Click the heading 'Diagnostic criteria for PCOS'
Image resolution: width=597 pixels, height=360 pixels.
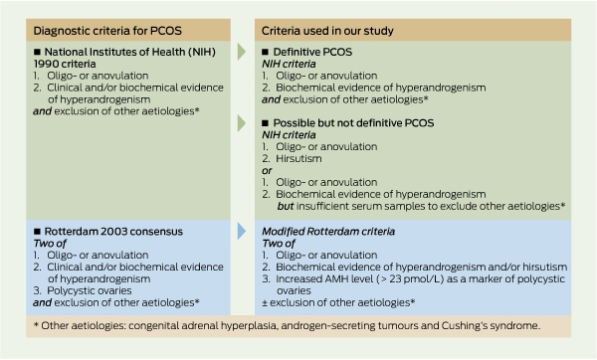(x=107, y=31)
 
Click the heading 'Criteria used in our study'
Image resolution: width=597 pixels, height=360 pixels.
(x=327, y=31)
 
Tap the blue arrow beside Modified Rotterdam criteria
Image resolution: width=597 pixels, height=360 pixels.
(x=242, y=231)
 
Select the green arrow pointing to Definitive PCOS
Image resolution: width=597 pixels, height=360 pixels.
(x=242, y=52)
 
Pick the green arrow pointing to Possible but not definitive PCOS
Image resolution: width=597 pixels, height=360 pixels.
(x=242, y=123)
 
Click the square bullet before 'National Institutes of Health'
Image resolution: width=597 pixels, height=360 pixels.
(x=37, y=52)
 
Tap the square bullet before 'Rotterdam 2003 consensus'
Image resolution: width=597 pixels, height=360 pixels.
(x=37, y=232)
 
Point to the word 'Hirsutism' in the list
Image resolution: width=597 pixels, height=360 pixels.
(x=298, y=159)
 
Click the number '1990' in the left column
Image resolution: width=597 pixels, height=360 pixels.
(x=45, y=64)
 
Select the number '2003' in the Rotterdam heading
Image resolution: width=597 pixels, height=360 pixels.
(x=113, y=232)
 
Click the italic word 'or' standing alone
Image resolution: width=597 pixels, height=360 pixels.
(x=267, y=171)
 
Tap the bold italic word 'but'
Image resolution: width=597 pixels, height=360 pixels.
(x=286, y=206)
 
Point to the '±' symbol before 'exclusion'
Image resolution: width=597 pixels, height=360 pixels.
(x=265, y=303)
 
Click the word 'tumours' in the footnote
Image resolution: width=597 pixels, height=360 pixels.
(x=398, y=326)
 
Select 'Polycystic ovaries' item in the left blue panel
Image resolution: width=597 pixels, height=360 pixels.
(x=90, y=290)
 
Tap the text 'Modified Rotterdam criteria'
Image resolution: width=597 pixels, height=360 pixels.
(x=328, y=232)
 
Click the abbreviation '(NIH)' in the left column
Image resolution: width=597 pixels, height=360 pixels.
(x=201, y=52)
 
